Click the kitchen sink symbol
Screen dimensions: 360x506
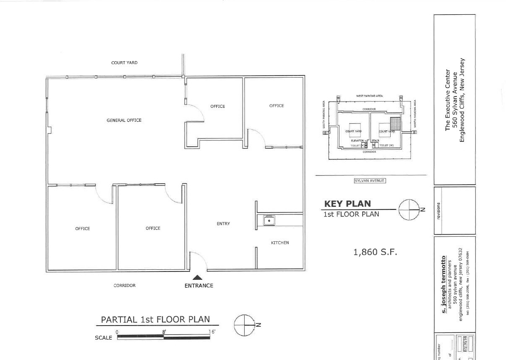coord(268,220)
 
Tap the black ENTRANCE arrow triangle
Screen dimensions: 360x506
coord(198,277)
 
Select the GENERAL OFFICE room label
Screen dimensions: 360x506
coord(124,120)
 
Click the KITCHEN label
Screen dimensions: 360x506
coord(280,243)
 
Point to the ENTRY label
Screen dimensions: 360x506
coord(223,224)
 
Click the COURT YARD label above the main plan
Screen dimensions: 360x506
coord(124,63)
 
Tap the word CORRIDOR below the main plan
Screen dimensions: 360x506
coord(125,286)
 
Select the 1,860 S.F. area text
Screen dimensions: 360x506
coord(375,252)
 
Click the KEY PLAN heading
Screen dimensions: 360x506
coord(347,204)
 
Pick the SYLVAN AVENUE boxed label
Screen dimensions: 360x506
coord(369,181)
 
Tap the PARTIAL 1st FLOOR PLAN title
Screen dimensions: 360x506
coord(155,320)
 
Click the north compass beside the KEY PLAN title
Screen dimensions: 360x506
coord(409,209)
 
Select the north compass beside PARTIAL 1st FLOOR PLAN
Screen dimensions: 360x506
coord(245,325)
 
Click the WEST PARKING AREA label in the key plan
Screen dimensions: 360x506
coord(369,96)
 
